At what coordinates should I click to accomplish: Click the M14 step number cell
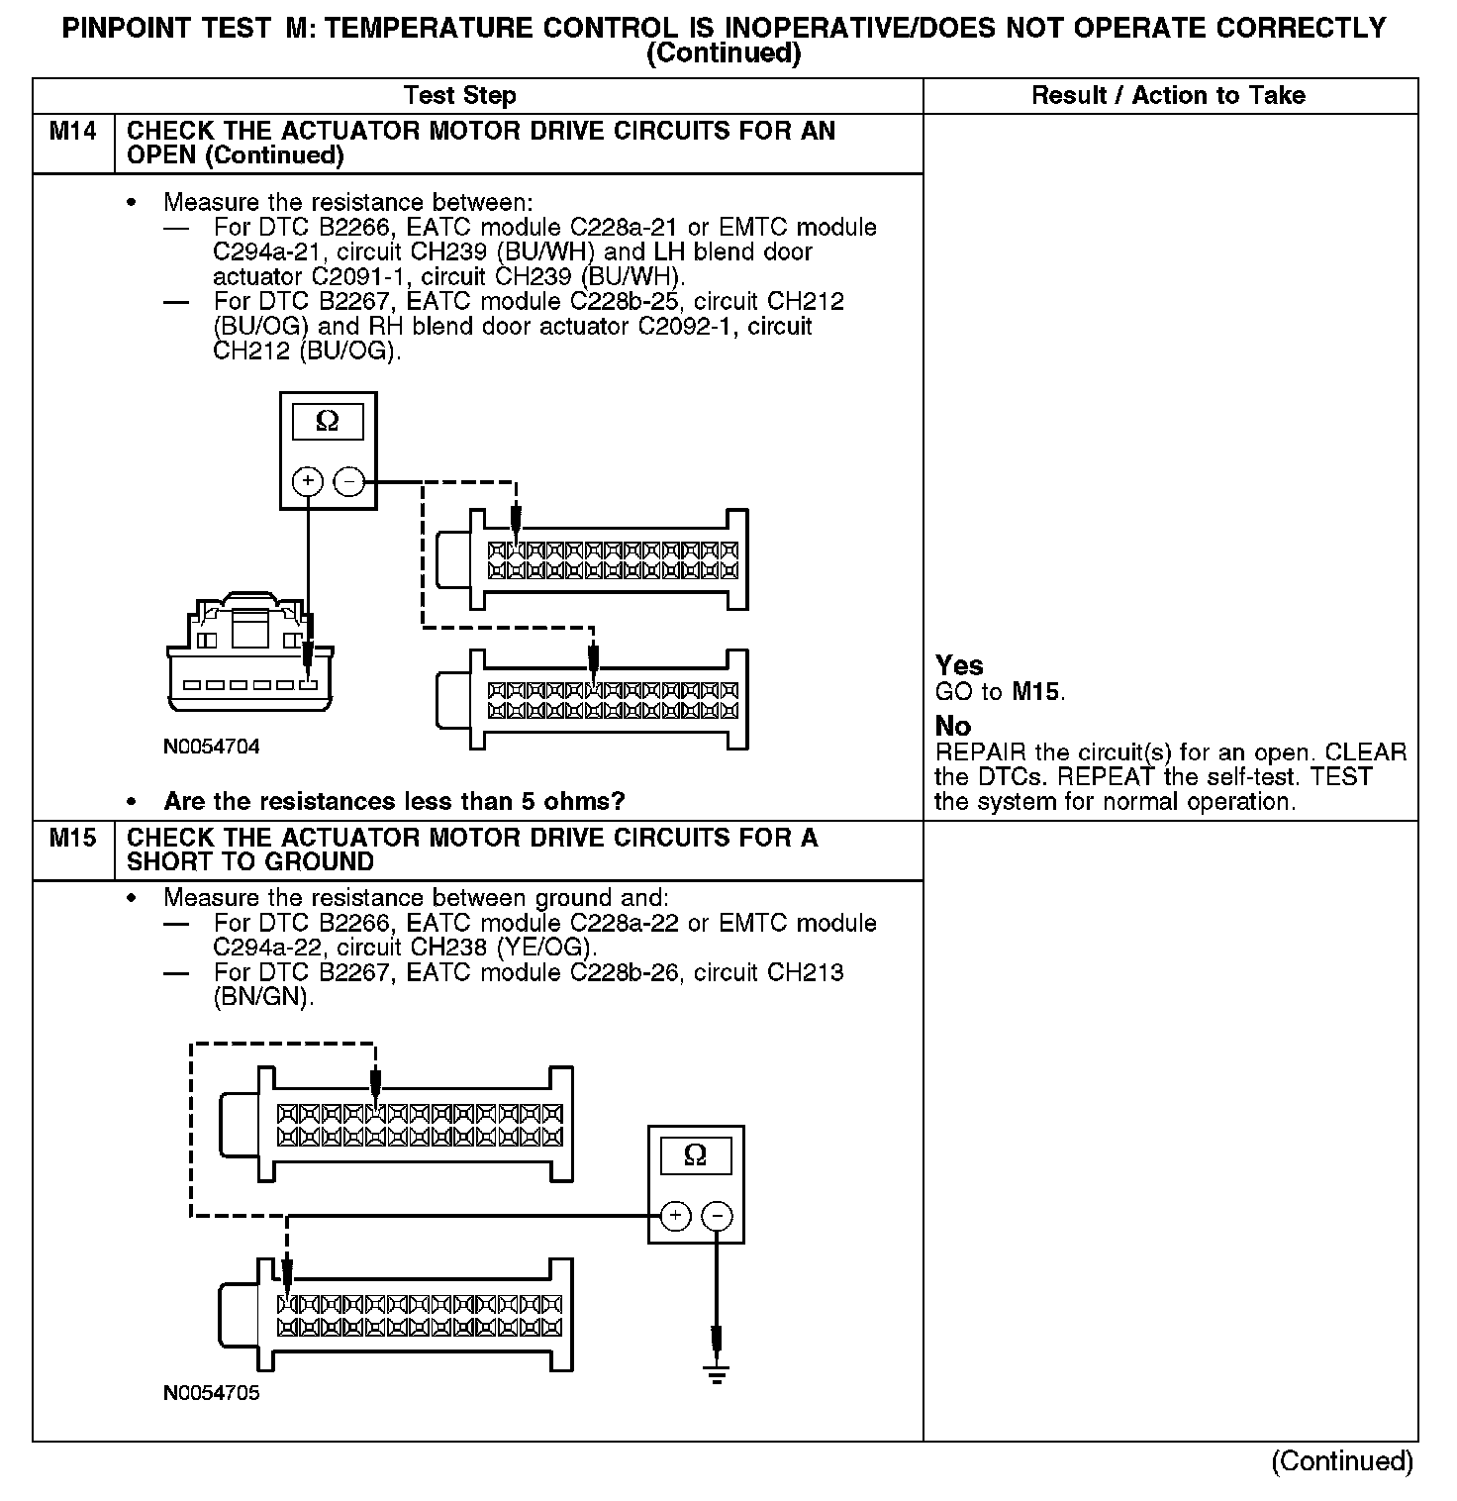pos(73,132)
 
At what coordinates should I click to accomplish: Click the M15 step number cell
pos(73,839)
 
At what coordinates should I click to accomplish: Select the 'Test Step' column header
pos(460,96)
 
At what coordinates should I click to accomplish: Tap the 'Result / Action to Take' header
pos(1168,96)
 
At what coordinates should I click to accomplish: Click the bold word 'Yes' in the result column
pos(959,665)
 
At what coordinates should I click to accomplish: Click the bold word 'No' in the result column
pos(952,726)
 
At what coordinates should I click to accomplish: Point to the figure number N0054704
pos(212,747)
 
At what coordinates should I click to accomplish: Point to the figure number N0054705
pos(212,1393)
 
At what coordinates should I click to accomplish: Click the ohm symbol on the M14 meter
pos(327,422)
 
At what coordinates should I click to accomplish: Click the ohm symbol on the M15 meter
pos(695,1155)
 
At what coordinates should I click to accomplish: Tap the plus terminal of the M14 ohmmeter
pos(309,482)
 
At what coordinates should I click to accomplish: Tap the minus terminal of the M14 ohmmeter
pos(348,482)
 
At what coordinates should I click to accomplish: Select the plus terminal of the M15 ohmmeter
pos(676,1216)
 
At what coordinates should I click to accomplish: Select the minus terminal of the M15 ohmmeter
pos(718,1216)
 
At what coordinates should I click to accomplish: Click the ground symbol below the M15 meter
pos(718,1373)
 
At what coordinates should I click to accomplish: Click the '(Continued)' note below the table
pos(1342,1461)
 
